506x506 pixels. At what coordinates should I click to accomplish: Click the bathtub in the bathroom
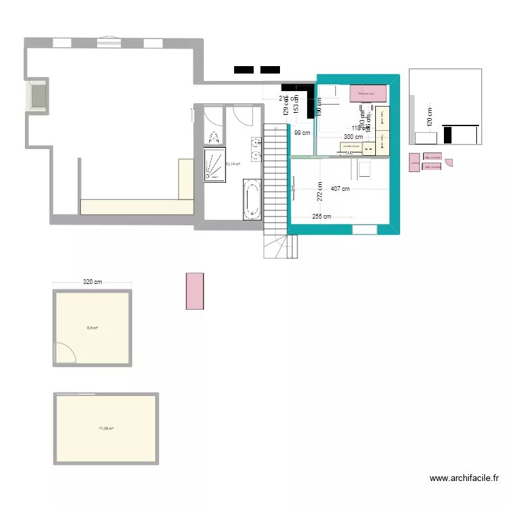tap(252, 199)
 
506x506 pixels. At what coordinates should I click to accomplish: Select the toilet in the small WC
tap(215, 137)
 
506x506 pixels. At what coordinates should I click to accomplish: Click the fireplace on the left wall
tap(36, 96)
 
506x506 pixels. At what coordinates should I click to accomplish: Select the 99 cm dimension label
tap(302, 133)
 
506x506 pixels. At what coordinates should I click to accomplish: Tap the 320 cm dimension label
tap(92, 282)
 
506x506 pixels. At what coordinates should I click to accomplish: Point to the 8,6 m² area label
tap(92, 329)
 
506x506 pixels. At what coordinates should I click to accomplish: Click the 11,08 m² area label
tap(106, 428)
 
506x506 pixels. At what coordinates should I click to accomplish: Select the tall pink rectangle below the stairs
tap(195, 291)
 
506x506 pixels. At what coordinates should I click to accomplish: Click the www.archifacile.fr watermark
tap(464, 478)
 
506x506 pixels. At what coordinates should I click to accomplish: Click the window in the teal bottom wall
tap(364, 229)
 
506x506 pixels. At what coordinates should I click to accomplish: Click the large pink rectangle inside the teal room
tap(368, 93)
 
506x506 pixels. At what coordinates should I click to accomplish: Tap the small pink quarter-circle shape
tap(449, 162)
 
